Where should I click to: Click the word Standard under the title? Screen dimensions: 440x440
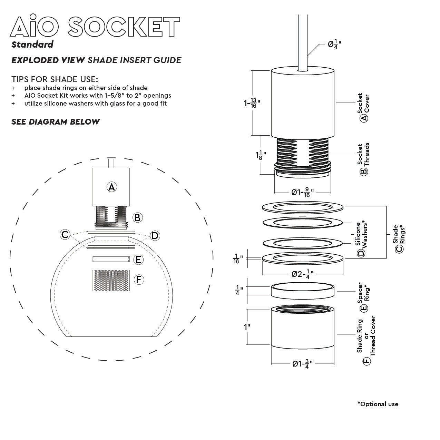point(32,44)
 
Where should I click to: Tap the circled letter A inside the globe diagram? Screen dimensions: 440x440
point(112,187)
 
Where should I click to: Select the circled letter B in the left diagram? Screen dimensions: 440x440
point(137,218)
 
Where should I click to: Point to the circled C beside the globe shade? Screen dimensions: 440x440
point(65,235)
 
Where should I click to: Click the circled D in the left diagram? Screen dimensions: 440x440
point(155,236)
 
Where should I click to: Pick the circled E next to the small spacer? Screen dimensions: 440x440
point(138,260)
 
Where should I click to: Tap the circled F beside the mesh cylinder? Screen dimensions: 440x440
point(139,280)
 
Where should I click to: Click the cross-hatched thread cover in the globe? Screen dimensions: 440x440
point(111,281)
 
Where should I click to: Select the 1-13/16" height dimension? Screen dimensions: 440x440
point(252,103)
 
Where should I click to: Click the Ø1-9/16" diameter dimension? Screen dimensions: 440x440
point(303,192)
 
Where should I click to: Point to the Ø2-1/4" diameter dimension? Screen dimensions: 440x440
point(303,274)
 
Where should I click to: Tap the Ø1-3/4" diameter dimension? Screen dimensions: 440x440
point(303,363)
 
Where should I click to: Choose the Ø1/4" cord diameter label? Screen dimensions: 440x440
point(334,44)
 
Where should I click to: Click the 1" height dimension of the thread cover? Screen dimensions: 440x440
point(247,327)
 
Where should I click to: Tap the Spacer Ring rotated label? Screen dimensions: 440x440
point(363,297)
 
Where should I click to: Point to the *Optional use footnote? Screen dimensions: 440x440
point(378,404)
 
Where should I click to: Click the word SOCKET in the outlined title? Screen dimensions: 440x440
point(124,26)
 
